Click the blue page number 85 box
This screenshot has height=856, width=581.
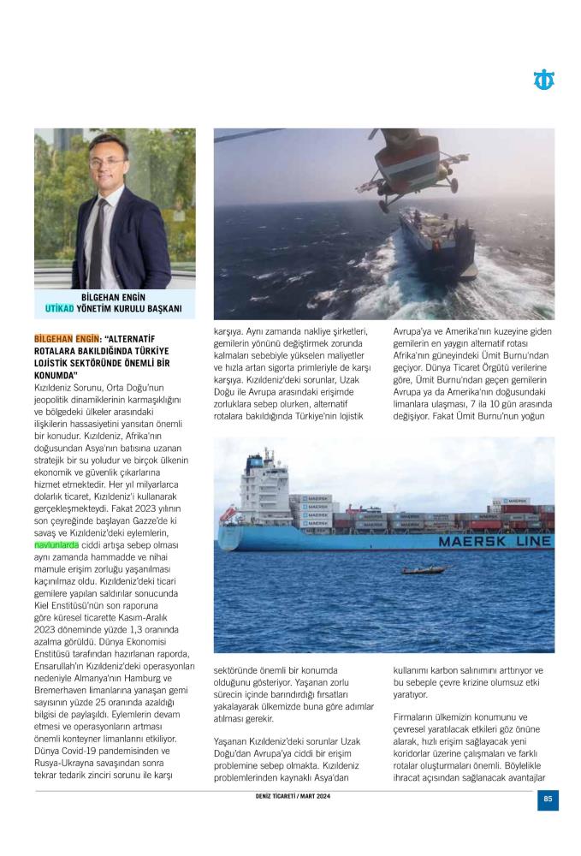[548, 800]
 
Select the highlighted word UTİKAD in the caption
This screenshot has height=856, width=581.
[60, 308]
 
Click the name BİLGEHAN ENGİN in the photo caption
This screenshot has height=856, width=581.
[115, 297]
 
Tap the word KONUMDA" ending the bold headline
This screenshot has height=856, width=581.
[56, 376]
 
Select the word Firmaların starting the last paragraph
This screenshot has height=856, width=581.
[417, 716]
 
